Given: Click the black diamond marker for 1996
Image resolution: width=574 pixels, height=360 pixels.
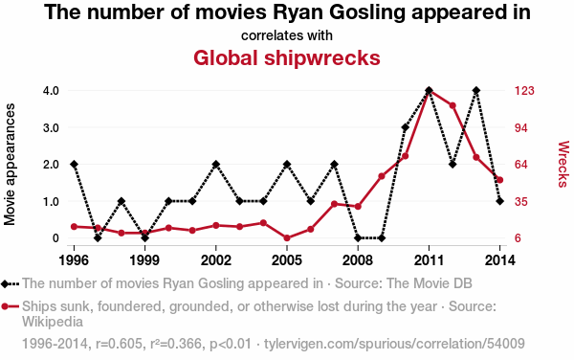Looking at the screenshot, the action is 74,164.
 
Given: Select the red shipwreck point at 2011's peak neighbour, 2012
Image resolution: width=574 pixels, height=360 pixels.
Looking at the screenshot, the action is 453,105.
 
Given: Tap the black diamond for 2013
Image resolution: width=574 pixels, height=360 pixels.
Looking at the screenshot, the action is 476,90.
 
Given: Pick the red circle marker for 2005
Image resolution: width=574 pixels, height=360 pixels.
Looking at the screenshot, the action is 287,238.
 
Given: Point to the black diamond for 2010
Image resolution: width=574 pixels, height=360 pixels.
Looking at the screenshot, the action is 406,127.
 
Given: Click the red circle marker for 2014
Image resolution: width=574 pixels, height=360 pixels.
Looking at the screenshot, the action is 500,180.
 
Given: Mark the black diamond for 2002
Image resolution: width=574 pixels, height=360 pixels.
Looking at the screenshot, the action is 216,164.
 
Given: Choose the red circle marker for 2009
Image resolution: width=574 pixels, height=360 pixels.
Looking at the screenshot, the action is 382,176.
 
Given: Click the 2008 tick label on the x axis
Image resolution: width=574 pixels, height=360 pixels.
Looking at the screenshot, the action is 358,260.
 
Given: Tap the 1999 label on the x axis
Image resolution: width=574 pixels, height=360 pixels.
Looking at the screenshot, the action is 144,260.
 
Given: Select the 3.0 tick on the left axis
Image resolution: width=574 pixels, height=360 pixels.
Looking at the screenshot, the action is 51,127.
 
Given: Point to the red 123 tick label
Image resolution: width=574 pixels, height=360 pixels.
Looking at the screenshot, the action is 524,90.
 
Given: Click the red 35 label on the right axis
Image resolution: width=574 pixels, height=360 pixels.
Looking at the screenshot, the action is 521,201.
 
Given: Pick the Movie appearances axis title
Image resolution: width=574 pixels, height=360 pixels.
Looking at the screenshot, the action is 10,164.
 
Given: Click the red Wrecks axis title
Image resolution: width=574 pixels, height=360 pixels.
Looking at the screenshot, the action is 563,164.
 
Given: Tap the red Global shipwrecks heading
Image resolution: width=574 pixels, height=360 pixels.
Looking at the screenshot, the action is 287,57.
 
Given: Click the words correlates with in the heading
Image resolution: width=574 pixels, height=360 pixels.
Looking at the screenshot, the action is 287,35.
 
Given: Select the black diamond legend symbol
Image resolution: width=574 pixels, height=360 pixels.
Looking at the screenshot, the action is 10,283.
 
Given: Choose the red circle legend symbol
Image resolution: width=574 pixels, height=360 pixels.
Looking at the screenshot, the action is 10,306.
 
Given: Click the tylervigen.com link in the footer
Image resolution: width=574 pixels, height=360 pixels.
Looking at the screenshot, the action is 394,344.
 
